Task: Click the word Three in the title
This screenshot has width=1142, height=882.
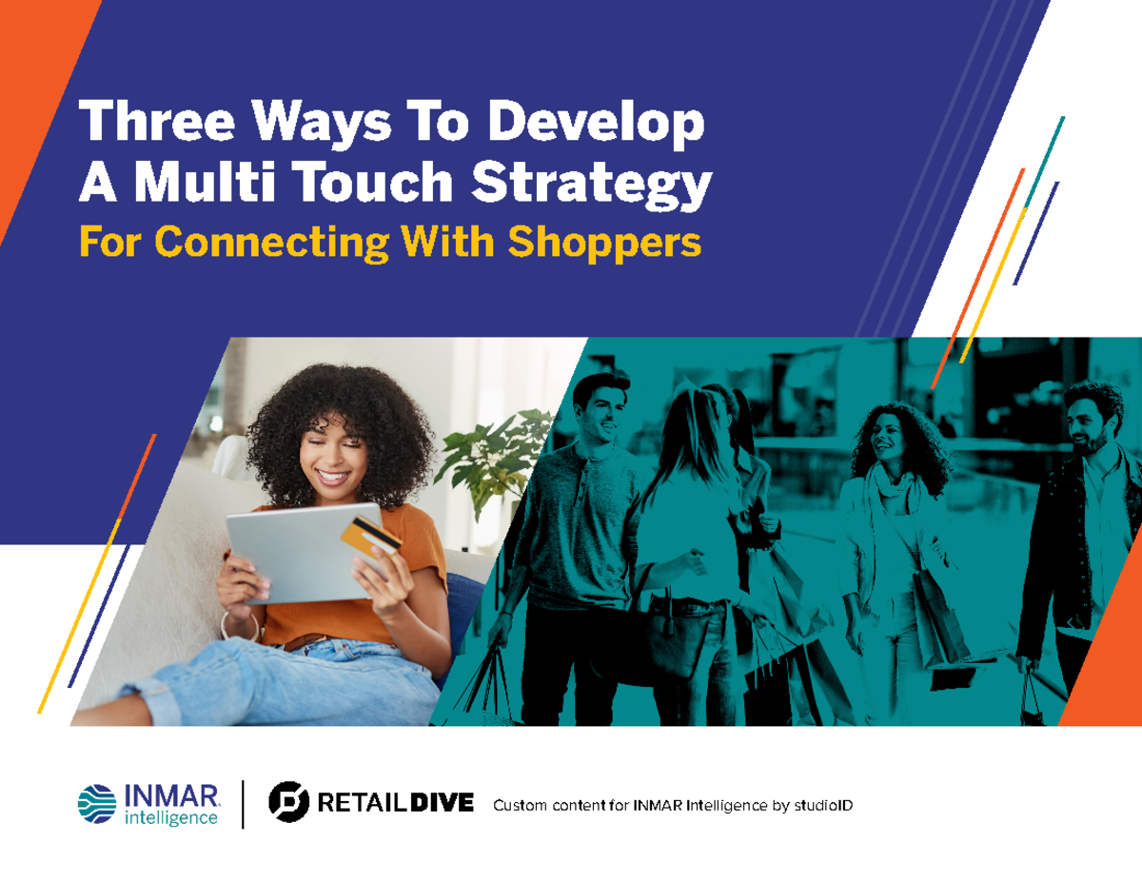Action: tap(148, 125)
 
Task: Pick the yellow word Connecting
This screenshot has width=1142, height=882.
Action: tap(271, 244)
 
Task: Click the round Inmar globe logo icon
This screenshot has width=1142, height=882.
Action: tap(97, 804)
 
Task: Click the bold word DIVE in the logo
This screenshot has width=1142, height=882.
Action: tap(441, 804)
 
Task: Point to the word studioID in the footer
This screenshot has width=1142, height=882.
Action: tap(823, 806)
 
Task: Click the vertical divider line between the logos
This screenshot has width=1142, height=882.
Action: tap(243, 804)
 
